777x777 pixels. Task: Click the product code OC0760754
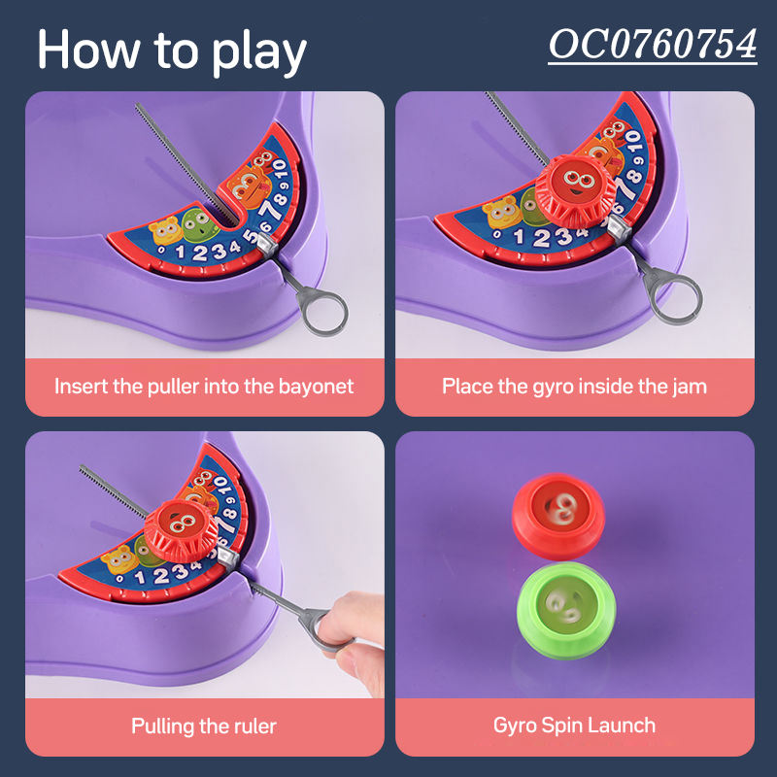click(x=653, y=45)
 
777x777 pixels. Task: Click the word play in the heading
click(x=258, y=52)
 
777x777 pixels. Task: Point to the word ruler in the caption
click(x=257, y=726)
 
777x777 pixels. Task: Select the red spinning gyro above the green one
click(x=558, y=516)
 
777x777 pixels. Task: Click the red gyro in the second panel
click(x=575, y=189)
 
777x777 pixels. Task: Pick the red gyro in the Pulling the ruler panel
click(x=182, y=530)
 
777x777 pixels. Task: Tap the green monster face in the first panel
click(x=200, y=224)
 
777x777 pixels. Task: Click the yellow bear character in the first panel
click(x=166, y=230)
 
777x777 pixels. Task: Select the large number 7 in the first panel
click(x=270, y=212)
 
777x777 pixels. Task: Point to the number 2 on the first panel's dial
click(x=199, y=253)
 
